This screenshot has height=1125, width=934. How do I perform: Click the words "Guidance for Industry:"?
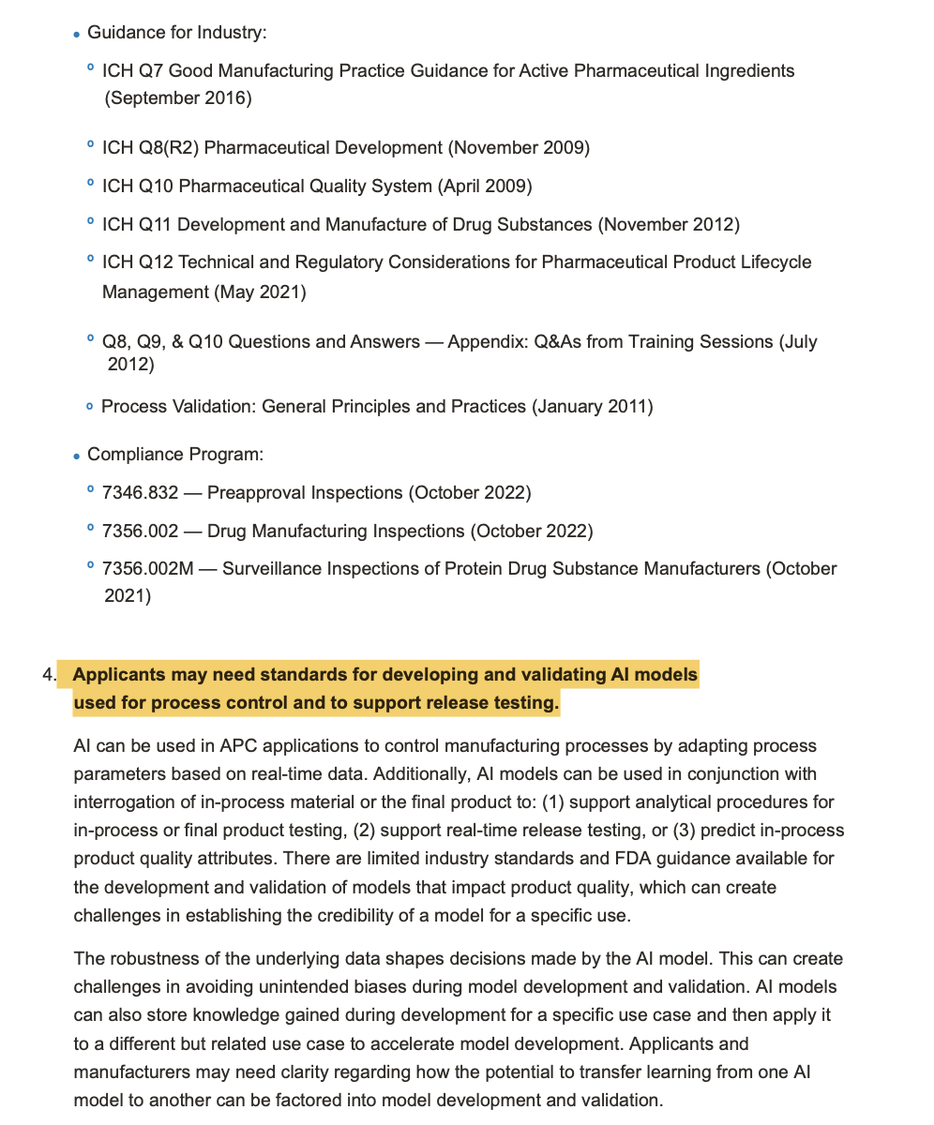[176, 33]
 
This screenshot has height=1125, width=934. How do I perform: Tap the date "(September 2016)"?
[178, 98]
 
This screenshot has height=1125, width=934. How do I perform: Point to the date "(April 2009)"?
[485, 187]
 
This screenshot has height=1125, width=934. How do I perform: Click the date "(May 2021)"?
[261, 292]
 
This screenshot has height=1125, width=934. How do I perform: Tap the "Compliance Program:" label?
[174, 455]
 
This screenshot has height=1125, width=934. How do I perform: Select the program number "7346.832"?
[140, 493]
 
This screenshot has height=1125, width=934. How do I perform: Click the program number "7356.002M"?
[147, 569]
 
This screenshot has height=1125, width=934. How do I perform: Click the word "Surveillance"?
[272, 569]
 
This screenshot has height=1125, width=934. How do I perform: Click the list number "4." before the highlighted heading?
[49, 675]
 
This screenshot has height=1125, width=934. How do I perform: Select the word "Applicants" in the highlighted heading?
[117, 675]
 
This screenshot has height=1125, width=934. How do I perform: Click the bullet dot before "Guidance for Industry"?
[76, 35]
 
